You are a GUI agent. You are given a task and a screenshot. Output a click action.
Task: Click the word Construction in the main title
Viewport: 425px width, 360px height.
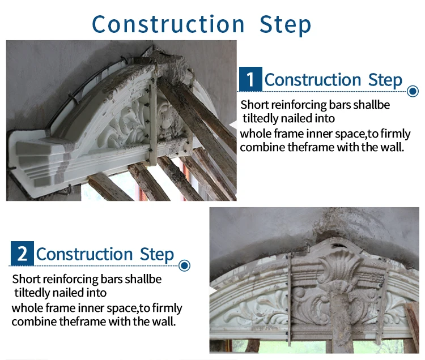168,24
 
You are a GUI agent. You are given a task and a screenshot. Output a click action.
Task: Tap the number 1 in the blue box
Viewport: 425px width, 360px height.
250,79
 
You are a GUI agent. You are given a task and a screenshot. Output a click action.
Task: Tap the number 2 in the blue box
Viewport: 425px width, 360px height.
22,254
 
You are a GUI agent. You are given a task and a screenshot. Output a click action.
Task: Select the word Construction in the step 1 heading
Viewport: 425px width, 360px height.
313,80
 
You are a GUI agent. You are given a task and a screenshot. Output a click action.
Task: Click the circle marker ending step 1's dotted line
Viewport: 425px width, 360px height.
413,91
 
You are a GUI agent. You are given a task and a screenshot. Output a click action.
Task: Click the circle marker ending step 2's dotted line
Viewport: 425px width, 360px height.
185,265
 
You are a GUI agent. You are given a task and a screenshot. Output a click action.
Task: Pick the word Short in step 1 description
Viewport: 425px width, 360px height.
253,105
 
